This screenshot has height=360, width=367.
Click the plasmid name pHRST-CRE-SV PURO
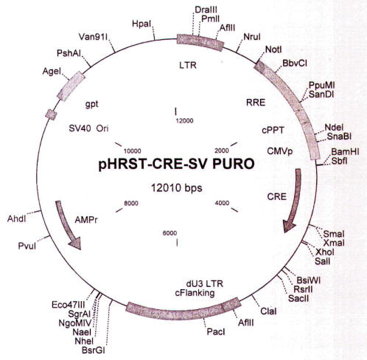tap(176, 164)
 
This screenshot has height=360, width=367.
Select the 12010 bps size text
tap(177, 188)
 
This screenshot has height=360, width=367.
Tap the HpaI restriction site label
tap(141, 24)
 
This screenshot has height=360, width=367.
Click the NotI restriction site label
tap(273, 49)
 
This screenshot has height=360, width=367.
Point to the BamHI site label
tap(345, 151)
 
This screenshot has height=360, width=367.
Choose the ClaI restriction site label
tap(268, 311)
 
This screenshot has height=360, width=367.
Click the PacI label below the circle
tap(216, 332)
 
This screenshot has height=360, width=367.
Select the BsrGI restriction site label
tap(94, 350)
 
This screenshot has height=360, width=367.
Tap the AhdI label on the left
tap(16, 218)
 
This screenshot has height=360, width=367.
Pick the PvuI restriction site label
tap(27, 246)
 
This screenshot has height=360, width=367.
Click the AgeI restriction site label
tap(52, 72)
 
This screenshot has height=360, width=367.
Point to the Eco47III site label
tap(69, 305)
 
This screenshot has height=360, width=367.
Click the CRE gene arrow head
tap(289, 226)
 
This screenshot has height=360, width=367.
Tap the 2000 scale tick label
tap(222, 150)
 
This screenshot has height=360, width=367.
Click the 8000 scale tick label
tap(131, 203)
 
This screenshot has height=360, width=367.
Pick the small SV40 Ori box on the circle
tap(52, 114)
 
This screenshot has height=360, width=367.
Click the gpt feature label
tap(91, 104)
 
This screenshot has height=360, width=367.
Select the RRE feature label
tap(256, 103)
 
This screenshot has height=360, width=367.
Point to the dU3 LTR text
tap(205, 284)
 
